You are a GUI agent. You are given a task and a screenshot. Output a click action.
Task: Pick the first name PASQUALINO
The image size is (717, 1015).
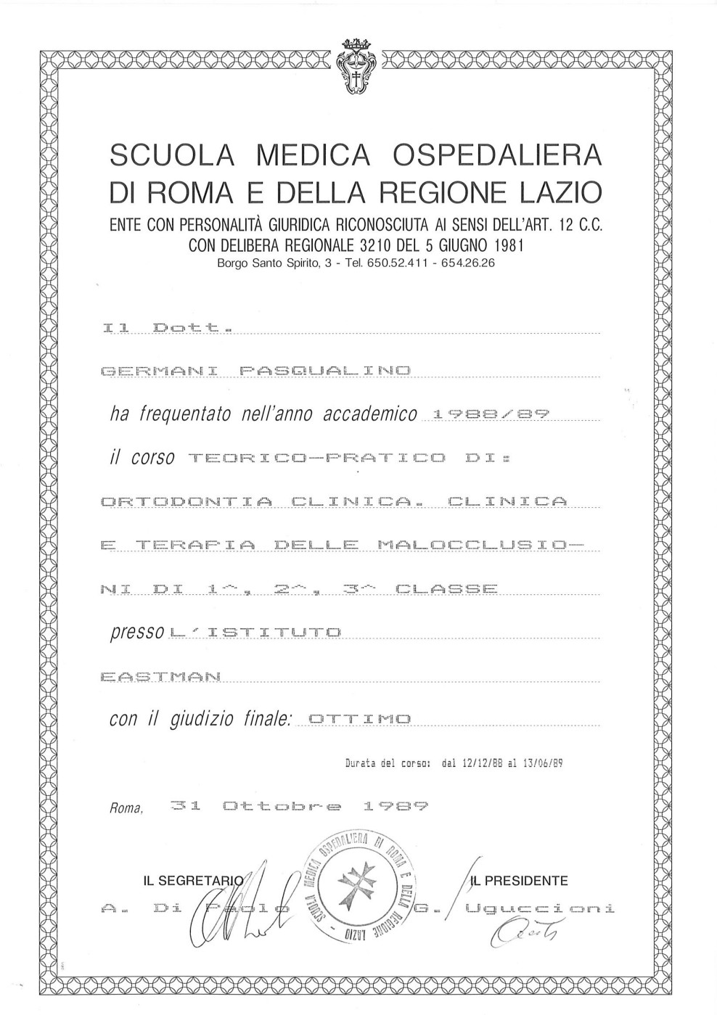tap(324, 371)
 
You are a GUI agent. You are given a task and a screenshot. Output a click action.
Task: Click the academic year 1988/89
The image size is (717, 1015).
tap(490, 414)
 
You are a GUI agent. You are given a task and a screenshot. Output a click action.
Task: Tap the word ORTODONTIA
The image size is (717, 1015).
tap(187, 501)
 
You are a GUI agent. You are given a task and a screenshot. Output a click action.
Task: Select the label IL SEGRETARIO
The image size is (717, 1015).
tap(192, 882)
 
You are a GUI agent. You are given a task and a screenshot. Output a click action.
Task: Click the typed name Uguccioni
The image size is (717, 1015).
tap(541, 908)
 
